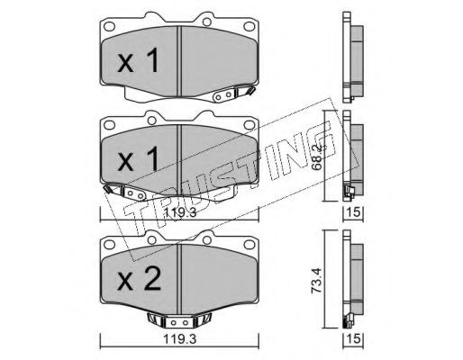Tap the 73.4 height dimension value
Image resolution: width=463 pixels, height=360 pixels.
[x=318, y=281]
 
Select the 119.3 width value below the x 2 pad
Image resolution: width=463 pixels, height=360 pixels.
[x=179, y=339]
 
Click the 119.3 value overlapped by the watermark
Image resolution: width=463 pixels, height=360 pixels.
[x=179, y=213]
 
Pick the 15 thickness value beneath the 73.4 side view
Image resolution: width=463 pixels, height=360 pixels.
[x=353, y=339]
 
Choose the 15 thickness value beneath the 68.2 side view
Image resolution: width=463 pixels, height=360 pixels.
[x=353, y=212]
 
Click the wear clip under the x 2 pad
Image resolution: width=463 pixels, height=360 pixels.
[x=179, y=321]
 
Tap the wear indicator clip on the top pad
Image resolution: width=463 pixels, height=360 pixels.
[x=233, y=94]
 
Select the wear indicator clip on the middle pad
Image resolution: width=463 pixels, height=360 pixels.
[x=125, y=193]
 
